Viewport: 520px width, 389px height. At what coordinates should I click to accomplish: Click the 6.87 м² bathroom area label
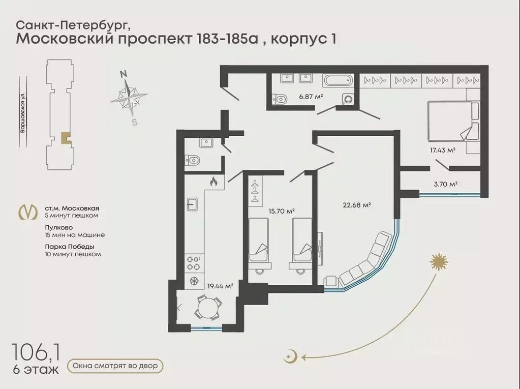coord(311,97)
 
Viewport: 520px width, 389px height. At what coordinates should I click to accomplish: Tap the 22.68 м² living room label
coord(356,205)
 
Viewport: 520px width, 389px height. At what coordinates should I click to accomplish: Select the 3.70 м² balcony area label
coord(446,184)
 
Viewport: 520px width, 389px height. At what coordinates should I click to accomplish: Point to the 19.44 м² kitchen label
coord(220,286)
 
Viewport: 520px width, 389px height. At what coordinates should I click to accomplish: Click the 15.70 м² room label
coord(282,211)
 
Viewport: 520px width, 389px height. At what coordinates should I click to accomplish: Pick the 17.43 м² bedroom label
coord(442,150)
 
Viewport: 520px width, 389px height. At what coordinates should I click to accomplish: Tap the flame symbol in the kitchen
coord(213,182)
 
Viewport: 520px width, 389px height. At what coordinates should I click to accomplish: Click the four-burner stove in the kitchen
coord(193,263)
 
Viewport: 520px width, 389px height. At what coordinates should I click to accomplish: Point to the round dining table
coord(208,308)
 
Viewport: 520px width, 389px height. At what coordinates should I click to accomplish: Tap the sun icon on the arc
coord(439,261)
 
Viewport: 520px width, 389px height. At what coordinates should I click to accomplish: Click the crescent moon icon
coord(290,357)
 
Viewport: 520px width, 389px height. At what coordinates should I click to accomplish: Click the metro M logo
coord(28,212)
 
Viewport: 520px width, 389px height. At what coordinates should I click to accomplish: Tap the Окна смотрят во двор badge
coord(115,366)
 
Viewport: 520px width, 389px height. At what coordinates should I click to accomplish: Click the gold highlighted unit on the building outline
coord(66,137)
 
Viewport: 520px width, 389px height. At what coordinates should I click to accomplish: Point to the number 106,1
coord(36,352)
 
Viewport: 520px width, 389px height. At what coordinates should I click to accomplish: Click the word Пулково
coord(58,228)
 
